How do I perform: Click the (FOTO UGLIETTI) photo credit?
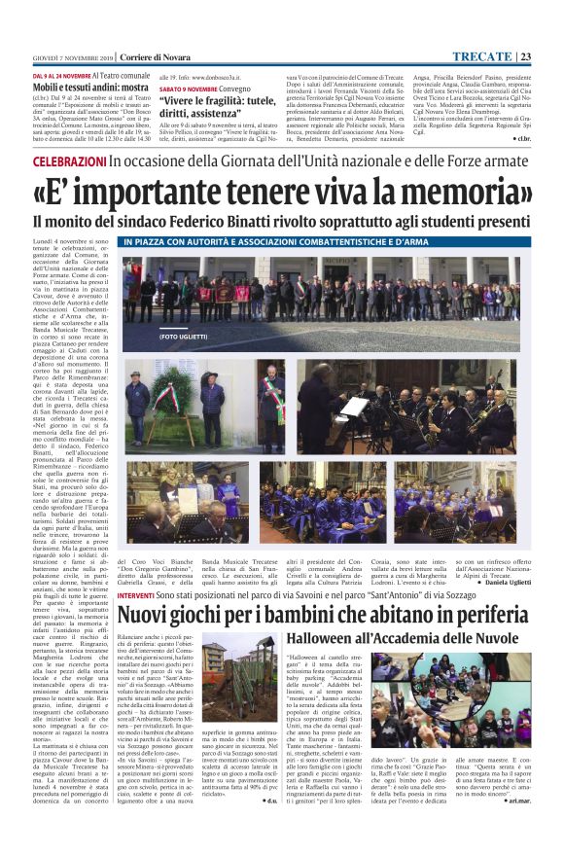coord(156,336)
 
